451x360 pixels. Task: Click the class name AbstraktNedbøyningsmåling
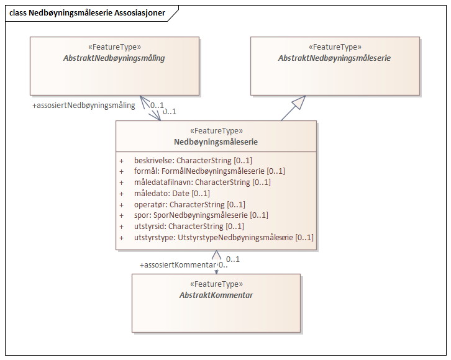(x=114, y=58)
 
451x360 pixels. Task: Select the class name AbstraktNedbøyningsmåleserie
(x=334, y=58)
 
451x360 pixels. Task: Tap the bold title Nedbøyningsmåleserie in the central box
(x=216, y=142)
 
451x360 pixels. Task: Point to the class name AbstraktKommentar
(x=216, y=295)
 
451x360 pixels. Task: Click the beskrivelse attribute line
(x=193, y=160)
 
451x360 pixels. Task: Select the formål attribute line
(x=209, y=171)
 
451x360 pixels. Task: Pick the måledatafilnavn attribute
(x=202, y=182)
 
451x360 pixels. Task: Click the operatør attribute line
(x=189, y=204)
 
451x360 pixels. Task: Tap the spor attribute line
(x=201, y=215)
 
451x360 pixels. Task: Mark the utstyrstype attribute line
(x=224, y=237)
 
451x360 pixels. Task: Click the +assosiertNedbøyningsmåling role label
(x=83, y=106)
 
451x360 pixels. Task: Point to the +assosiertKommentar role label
(x=178, y=265)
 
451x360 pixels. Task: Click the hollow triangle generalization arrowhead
(x=299, y=104)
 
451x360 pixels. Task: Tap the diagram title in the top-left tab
(x=87, y=12)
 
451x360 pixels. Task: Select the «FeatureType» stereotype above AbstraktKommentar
(x=216, y=284)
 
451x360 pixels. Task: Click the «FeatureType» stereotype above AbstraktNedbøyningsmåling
(x=114, y=47)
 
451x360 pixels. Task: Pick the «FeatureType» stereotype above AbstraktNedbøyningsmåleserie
(x=334, y=47)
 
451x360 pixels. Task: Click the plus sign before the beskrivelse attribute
(x=122, y=161)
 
